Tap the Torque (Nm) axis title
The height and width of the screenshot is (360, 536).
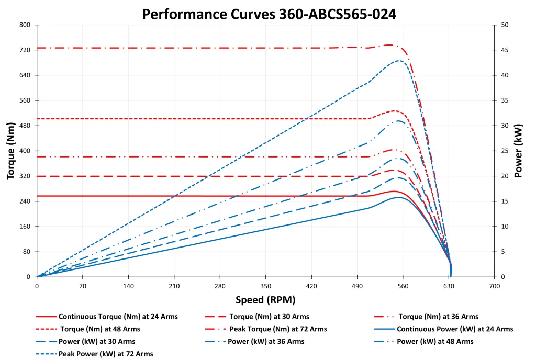click(11, 151)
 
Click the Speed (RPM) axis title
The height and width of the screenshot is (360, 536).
click(265, 300)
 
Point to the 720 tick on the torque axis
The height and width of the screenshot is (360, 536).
click(25, 50)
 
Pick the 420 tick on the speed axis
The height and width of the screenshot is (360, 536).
click(311, 287)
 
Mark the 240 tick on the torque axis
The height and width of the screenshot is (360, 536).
click(25, 201)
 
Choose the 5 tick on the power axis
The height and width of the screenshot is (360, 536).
click(503, 252)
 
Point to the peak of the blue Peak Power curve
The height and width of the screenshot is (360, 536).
click(399, 61)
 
